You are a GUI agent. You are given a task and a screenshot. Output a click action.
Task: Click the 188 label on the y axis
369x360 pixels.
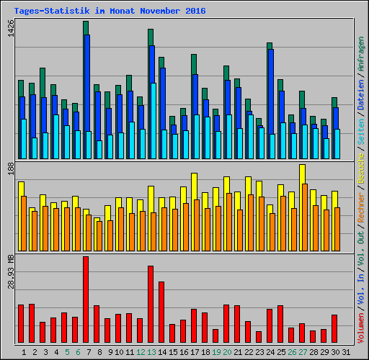pyautogui.click(x=9, y=168)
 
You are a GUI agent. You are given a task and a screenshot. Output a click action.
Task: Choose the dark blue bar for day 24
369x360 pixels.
pyautogui.click(x=270, y=94)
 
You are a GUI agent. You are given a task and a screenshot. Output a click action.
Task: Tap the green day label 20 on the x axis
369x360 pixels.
pyautogui.click(x=227, y=352)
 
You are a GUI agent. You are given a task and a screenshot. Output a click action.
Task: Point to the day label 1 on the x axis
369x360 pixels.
pyautogui.click(x=24, y=352)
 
